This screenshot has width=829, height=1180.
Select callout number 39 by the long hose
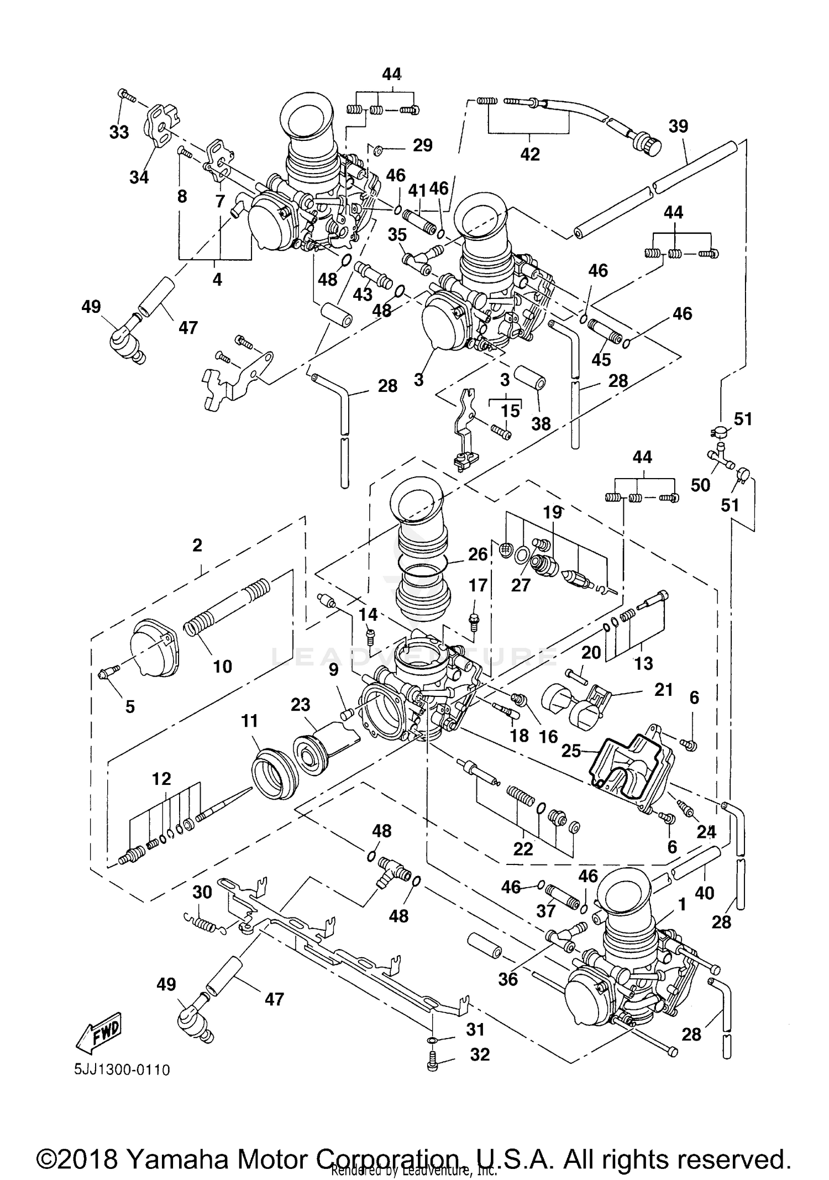tap(678, 126)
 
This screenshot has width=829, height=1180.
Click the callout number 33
tap(119, 132)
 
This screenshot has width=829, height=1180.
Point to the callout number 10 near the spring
tap(222, 667)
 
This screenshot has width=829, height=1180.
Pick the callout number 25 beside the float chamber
tap(571, 751)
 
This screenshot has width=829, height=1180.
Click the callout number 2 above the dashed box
tap(197, 546)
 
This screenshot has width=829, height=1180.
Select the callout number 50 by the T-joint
tap(700, 485)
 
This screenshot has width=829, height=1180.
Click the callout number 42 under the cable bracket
tap(529, 154)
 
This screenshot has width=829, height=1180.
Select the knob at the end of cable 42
tap(650, 145)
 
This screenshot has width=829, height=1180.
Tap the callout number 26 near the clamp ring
tap(478, 554)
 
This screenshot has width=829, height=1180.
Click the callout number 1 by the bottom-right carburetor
tap(682, 905)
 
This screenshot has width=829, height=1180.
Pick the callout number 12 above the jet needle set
tap(161, 779)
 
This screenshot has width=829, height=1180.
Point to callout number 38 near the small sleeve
tap(541, 424)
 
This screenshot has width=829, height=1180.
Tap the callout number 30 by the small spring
tap(202, 893)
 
